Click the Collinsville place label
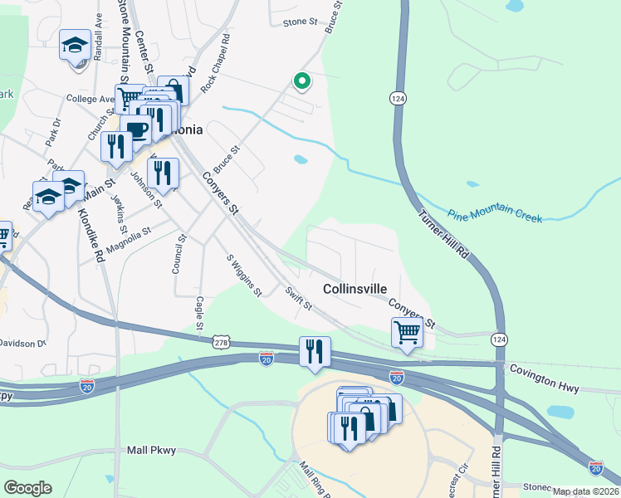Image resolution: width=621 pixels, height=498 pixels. [355, 289]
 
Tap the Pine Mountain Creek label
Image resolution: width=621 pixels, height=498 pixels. [496, 214]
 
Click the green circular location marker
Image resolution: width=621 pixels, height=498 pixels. [301, 81]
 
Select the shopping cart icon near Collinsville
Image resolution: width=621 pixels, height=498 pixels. [407, 332]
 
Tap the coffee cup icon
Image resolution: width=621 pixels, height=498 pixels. [136, 129]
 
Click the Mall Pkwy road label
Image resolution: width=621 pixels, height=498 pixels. [152, 450]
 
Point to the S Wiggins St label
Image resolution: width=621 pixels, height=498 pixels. [244, 275]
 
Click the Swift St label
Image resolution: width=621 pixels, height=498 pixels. [297, 300]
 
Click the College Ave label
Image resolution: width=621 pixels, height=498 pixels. [90, 99]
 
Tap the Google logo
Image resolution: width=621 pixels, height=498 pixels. [27, 487]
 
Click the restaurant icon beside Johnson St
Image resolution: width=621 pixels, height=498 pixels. [163, 173]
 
